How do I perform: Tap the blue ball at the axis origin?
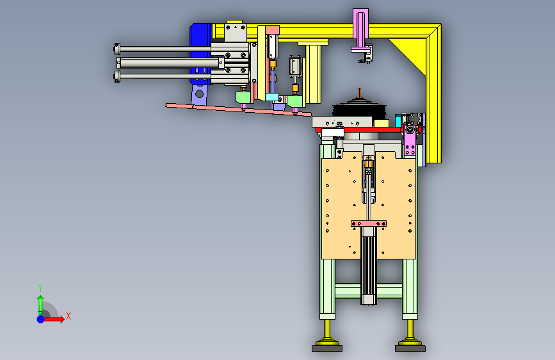click(x=41, y=319)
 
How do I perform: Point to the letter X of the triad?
click(x=68, y=316)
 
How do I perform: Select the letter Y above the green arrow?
click(x=40, y=288)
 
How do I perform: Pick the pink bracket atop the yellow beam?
click(x=360, y=28)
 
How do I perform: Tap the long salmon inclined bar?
click(x=239, y=110)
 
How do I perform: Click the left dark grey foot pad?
click(x=327, y=348)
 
